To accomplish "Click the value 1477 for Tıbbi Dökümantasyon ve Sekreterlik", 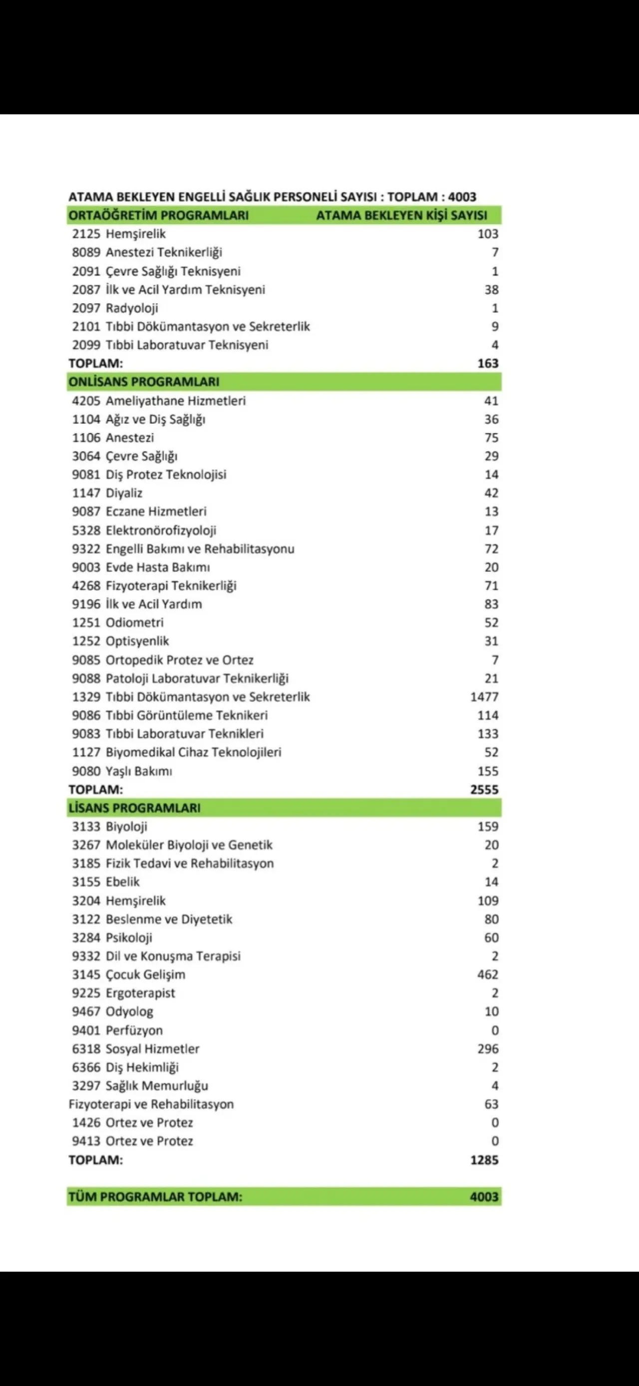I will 484,697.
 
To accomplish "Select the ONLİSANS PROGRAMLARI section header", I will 144,382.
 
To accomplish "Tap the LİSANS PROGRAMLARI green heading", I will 134,808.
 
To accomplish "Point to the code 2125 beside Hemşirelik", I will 86,234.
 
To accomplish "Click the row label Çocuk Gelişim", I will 145,974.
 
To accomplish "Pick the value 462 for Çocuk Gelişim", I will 487,974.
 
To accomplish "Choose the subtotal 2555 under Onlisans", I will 484,789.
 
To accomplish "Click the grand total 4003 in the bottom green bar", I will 484,1197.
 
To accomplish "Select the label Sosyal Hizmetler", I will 152,1049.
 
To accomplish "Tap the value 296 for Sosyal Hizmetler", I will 487,1049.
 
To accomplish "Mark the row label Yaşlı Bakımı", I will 139,771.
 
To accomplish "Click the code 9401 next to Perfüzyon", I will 86,1030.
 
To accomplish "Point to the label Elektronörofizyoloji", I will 161,530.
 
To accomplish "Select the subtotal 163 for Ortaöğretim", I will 487,363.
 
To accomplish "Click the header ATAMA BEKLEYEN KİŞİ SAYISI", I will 401,215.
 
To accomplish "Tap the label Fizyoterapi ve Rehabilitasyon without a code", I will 151,1104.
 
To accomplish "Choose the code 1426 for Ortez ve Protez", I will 86,1122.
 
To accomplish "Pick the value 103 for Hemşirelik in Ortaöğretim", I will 487,234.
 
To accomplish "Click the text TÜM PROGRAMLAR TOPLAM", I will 155,1197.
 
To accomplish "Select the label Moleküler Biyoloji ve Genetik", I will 189,845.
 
